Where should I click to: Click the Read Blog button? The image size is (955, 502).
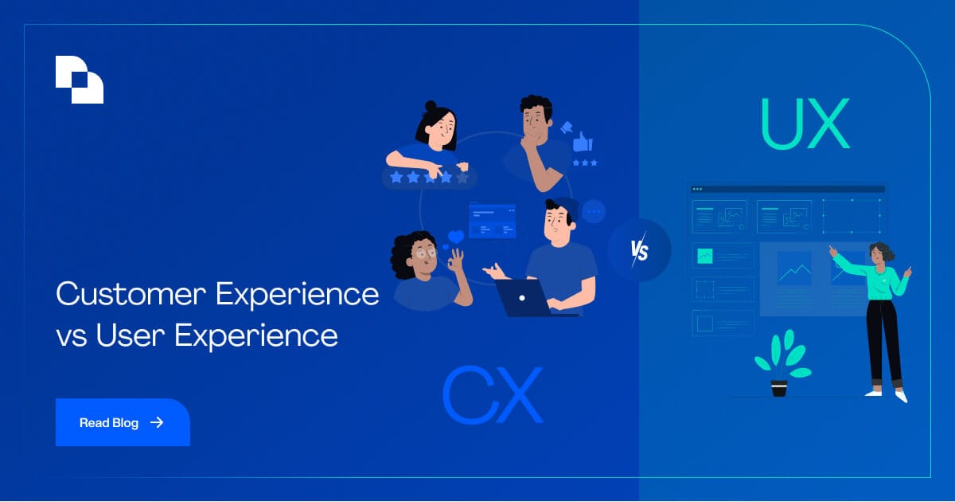(122, 422)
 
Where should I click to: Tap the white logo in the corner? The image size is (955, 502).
(80, 80)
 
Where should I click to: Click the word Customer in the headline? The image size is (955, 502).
(131, 294)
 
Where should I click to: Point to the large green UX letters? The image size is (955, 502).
(805, 124)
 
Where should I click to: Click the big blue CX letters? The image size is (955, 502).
(492, 395)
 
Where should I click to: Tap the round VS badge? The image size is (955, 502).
(639, 251)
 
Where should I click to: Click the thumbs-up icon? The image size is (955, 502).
(583, 142)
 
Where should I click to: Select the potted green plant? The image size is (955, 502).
(781, 363)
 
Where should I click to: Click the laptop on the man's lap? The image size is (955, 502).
(523, 298)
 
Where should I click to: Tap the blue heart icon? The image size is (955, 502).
(456, 237)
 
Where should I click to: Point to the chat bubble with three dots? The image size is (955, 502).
(593, 212)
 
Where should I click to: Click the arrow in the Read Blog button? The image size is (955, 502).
(157, 422)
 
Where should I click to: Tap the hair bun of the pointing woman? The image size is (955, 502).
(430, 106)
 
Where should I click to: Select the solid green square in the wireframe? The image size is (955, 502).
(704, 256)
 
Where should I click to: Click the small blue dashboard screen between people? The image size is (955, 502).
(492, 221)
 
